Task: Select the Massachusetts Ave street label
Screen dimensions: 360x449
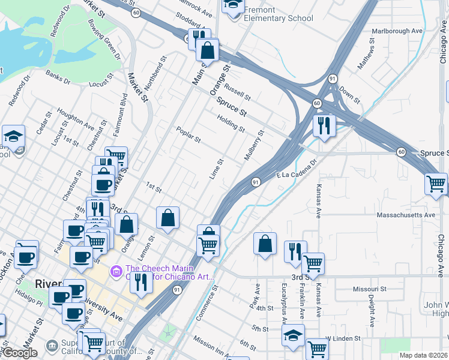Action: click(405, 215)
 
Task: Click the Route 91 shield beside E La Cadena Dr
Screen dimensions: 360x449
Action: click(256, 182)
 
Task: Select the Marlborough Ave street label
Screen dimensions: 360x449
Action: click(397, 31)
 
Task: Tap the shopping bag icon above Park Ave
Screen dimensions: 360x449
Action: click(265, 244)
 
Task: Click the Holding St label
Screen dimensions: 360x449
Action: click(231, 125)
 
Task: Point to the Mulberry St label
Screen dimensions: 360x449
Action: click(253, 146)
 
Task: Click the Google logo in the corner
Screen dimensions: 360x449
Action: click(20, 353)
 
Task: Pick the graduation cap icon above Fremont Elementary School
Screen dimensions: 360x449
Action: click(233, 5)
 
